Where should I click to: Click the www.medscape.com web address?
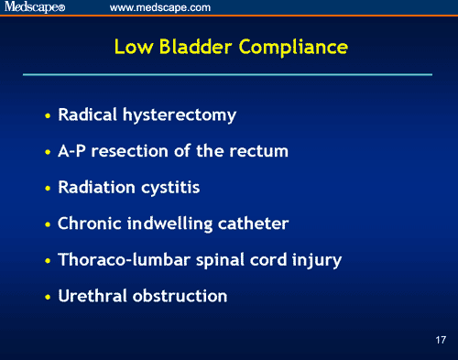coord(160,7)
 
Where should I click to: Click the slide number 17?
coord(441,340)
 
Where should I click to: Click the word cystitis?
coord(169,188)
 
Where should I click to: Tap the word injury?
coord(319,260)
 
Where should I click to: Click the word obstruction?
coord(178,296)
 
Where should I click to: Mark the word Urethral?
coord(90,296)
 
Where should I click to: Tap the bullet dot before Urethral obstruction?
coord(48,298)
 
